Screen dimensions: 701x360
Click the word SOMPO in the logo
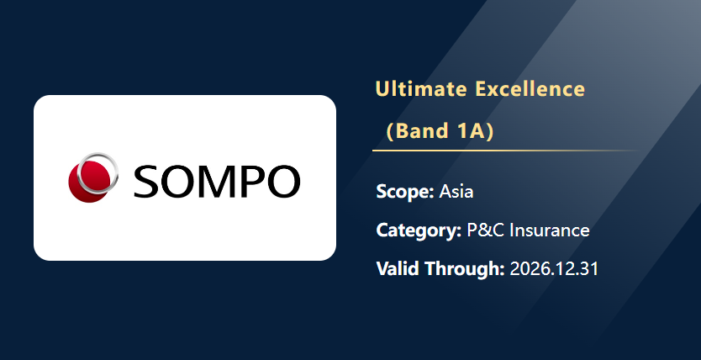pyautogui.click(x=216, y=181)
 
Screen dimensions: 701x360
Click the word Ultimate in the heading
pyautogui.click(x=421, y=89)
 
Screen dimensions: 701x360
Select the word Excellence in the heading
pyautogui.click(x=530, y=89)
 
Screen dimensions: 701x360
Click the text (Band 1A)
pyautogui.click(x=440, y=130)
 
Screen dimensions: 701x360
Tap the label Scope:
pyautogui.click(x=405, y=192)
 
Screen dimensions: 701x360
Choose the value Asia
pyautogui.click(x=456, y=192)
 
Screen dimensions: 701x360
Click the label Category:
pyautogui.click(x=419, y=230)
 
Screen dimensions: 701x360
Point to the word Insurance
pyautogui.click(x=550, y=230)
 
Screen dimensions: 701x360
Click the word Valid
pyautogui.click(x=398, y=269)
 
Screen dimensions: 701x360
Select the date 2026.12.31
pyautogui.click(x=554, y=269)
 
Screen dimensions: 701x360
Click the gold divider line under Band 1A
pyautogui.click(x=505, y=151)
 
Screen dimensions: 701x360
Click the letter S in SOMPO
pyautogui.click(x=145, y=181)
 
